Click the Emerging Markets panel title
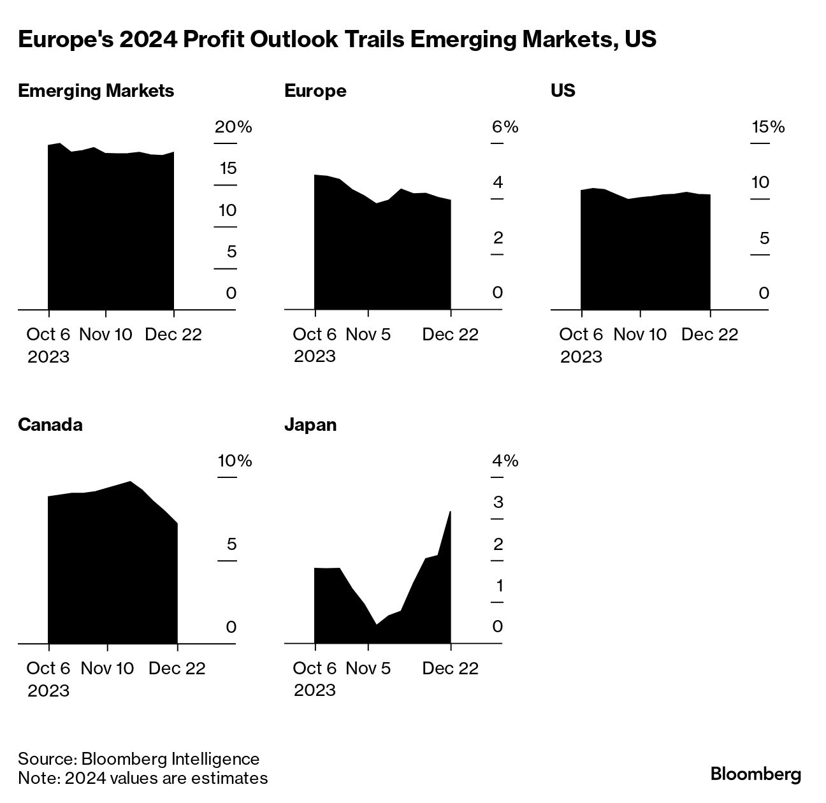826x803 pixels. coord(96,90)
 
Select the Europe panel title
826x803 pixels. coord(315,90)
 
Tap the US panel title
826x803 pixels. coord(563,90)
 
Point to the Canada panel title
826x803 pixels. coord(50,424)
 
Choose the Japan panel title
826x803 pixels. coord(310,424)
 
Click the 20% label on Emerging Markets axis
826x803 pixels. coord(233,127)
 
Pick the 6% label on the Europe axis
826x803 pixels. coord(505,127)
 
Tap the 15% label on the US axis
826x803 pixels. coord(768,127)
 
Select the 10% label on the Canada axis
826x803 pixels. coord(235,460)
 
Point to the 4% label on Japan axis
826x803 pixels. coord(505,460)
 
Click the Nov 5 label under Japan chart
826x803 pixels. coord(368,668)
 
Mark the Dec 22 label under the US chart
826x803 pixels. coord(709,334)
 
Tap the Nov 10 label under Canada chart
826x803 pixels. coord(108,668)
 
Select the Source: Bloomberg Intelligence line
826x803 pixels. coord(139,758)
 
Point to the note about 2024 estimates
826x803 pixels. coord(143,778)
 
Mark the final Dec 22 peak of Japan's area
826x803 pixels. coord(451,512)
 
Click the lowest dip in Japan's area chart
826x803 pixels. coord(376,624)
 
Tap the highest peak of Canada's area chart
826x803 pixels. coord(131,482)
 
